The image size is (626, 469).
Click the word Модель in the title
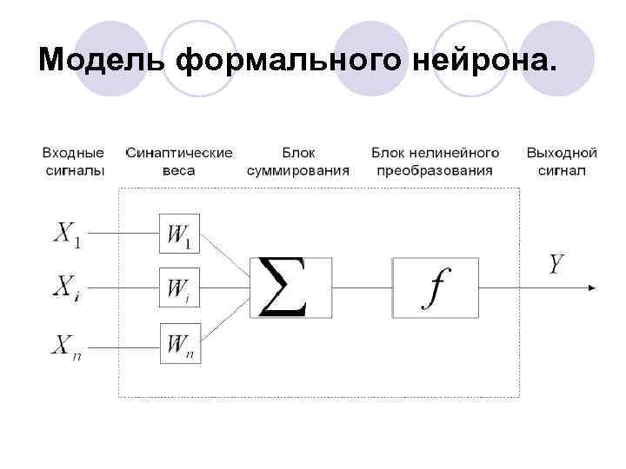102,60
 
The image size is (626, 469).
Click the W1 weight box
180,233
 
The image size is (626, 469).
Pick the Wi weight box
180,287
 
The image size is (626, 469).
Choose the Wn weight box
180,343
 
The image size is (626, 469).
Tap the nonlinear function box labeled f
435,287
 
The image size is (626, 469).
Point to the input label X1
69,234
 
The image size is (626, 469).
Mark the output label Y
557,264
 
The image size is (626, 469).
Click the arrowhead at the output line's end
591,287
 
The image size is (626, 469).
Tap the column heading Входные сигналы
74,162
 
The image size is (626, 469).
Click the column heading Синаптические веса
179,162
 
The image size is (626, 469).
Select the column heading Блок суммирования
298,162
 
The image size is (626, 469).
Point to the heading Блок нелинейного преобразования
435,162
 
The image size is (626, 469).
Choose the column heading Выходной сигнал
562,162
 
